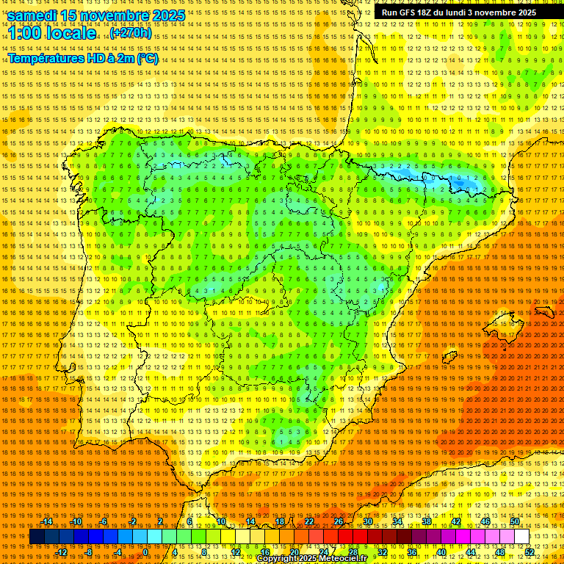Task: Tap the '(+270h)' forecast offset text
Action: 131,33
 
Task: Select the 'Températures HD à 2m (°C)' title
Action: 83,59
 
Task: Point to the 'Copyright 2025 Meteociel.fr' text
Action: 311,559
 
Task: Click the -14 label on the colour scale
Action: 48,521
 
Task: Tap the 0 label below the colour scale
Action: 145,552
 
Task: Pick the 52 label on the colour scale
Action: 529,552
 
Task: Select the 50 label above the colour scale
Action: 515,521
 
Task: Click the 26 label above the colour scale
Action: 339,521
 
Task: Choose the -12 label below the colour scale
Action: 62,552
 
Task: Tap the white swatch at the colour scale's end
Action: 522,537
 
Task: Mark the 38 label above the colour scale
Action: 427,521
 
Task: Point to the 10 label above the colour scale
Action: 221,521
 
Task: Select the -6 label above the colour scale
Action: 104,521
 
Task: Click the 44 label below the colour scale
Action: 471,552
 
